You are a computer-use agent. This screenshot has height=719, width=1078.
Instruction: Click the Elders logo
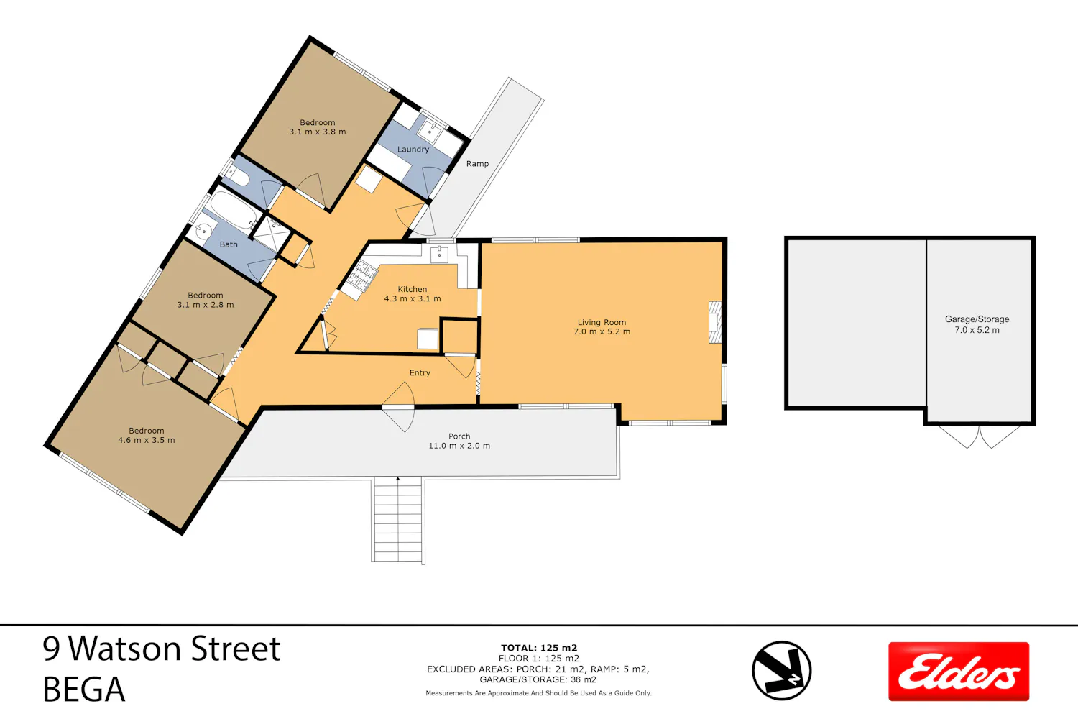959,671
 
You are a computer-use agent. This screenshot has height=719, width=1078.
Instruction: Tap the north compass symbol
782,670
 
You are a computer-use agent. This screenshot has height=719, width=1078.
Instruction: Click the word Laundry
413,150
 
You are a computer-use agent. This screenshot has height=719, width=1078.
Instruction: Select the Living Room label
602,322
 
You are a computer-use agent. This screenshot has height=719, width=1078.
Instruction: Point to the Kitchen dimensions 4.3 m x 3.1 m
413,298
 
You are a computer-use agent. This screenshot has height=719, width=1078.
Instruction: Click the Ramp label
477,164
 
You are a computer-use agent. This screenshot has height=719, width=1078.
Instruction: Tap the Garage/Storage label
977,319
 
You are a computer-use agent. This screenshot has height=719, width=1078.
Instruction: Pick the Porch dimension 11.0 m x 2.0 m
459,446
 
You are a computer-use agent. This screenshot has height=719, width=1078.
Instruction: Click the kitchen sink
439,255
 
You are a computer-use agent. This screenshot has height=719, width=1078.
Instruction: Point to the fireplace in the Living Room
715,322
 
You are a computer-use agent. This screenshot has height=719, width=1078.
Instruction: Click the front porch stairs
398,520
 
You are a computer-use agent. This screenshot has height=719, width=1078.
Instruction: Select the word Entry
420,372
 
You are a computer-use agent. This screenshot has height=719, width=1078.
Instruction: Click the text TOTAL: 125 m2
538,648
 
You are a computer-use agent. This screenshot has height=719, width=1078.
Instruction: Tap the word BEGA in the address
84,690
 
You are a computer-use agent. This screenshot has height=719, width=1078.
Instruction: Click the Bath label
229,244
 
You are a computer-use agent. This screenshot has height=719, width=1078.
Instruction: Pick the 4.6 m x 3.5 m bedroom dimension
147,440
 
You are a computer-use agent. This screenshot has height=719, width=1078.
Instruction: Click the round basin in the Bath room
203,232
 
